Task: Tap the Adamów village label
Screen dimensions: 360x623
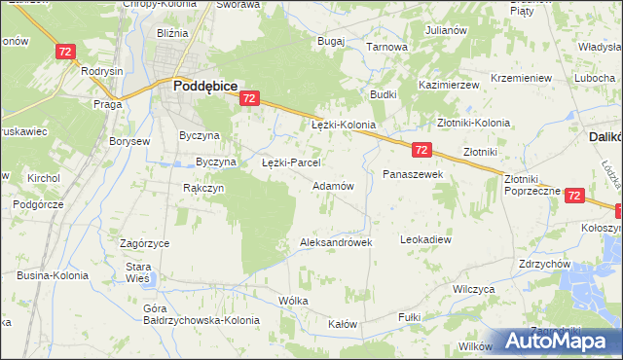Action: (332, 185)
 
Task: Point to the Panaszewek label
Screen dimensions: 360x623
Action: (413, 173)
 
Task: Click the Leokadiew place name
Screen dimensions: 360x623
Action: (426, 238)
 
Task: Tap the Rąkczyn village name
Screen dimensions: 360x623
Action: (203, 188)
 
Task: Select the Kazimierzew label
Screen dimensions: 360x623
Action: (450, 85)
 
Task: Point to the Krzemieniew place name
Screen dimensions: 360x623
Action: (522, 78)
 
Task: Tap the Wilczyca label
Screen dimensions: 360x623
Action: (475, 289)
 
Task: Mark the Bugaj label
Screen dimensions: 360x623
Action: (332, 42)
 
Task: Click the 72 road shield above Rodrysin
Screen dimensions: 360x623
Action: (65, 52)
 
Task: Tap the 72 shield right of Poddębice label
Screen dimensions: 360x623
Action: (249, 98)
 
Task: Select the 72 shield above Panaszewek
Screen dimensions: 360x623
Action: (421, 150)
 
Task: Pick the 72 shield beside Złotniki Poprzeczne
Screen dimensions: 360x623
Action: (573, 196)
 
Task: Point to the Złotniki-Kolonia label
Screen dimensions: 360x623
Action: (473, 124)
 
